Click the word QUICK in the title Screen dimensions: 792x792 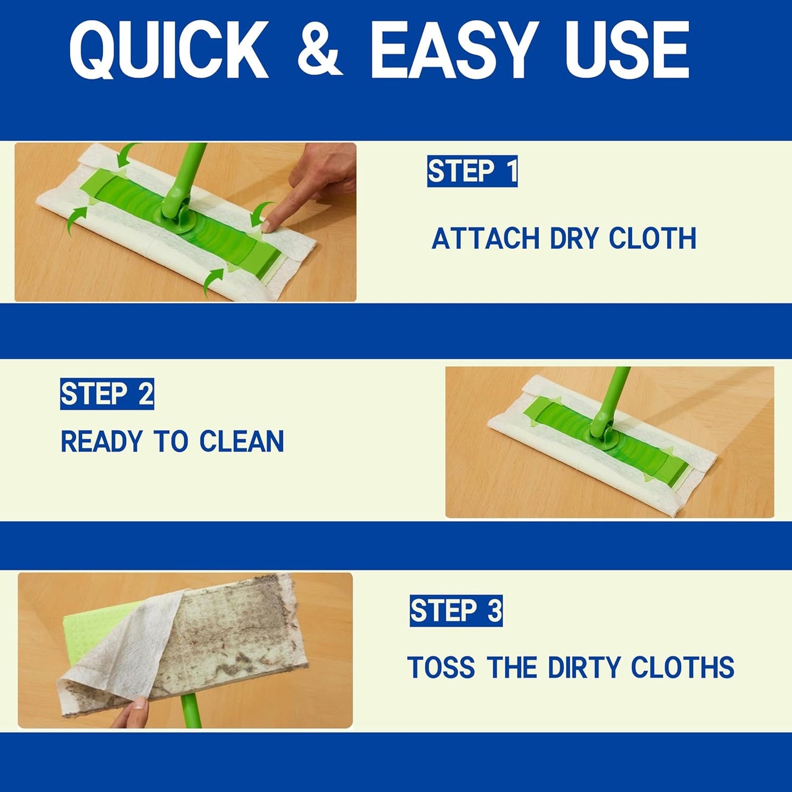pos(169,50)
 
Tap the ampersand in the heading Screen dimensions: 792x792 pos(320,50)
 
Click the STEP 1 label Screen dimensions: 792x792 pos(472,172)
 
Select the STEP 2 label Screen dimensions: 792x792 pos(107,394)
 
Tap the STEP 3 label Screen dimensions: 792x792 pos(456,611)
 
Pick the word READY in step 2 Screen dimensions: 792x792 pos(102,442)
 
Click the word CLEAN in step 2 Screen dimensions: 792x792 pos(242,442)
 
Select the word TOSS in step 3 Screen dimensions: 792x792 pos(441,668)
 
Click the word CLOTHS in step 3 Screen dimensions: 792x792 pos(682,668)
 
